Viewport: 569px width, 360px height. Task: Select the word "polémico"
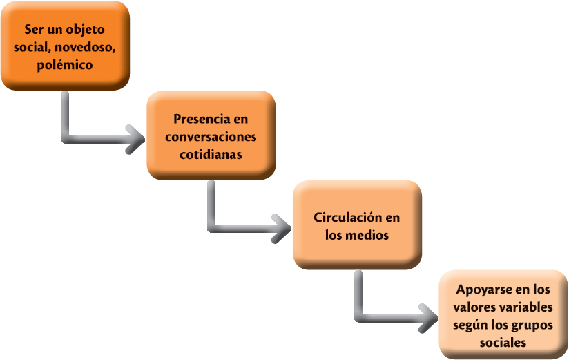click(x=65, y=65)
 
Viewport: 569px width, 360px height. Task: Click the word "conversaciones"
click(x=211, y=137)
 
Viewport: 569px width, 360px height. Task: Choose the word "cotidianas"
click(x=211, y=154)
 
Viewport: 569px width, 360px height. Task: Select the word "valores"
click(x=474, y=307)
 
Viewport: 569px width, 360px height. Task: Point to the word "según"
click(x=471, y=325)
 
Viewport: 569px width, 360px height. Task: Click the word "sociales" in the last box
click(x=503, y=342)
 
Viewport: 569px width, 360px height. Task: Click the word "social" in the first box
click(x=37, y=48)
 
